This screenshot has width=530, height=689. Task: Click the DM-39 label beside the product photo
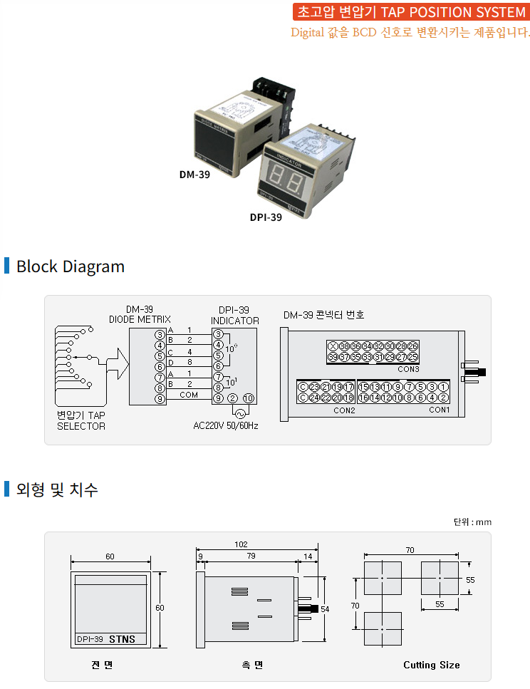(x=194, y=173)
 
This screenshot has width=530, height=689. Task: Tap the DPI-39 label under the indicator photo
(x=266, y=217)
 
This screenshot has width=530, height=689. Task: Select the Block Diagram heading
(x=70, y=266)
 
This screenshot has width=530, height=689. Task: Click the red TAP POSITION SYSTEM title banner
(x=410, y=12)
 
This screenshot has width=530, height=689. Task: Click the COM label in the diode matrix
(x=189, y=395)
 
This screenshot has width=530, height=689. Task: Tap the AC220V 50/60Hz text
(x=226, y=426)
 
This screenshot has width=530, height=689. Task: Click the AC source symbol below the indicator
(x=239, y=413)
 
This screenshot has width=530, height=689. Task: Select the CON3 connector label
(x=408, y=369)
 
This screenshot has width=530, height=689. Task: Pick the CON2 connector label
(x=344, y=410)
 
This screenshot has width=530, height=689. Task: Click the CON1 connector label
(x=439, y=410)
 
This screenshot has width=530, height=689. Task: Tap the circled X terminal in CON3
(x=333, y=346)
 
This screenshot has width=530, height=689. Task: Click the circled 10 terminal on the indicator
(x=248, y=398)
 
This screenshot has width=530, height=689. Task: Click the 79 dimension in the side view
(x=251, y=556)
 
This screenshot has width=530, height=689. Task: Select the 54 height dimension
(x=326, y=609)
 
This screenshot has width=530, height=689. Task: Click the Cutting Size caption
(x=431, y=665)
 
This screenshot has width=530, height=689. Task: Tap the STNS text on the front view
(x=122, y=639)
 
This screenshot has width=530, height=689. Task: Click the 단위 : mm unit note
(x=472, y=522)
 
